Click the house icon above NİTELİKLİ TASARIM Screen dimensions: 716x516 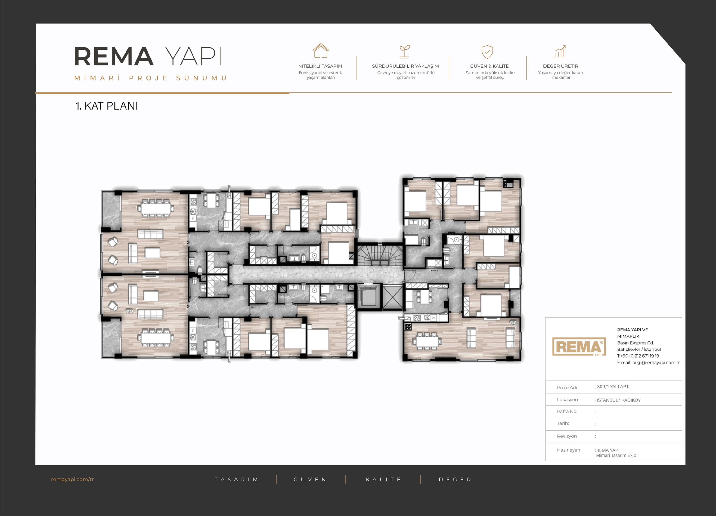click(321, 51)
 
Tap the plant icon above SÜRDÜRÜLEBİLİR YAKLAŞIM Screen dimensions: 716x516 click(405, 51)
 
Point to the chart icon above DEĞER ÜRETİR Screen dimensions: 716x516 click(560, 51)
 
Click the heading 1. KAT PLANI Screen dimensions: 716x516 click(107, 106)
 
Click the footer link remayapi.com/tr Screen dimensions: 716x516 click(72, 479)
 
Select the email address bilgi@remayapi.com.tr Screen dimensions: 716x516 click(656, 362)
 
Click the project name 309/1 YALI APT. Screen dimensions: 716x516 click(613, 387)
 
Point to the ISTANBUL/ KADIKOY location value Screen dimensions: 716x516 click(618, 400)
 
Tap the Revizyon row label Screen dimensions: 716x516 click(567, 436)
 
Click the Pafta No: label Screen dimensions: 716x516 click(567, 411)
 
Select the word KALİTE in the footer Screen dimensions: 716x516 click(383, 479)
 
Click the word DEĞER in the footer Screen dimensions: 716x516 click(455, 479)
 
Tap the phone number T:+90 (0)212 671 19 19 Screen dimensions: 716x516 click(638, 356)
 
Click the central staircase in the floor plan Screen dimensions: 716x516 click(380, 256)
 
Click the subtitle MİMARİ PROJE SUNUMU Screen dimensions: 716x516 click(151, 78)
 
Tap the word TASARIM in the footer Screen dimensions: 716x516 click(236, 479)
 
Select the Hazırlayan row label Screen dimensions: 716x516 click(568, 450)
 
